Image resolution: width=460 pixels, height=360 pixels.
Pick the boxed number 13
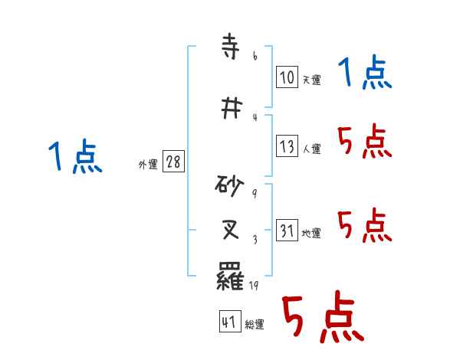287,146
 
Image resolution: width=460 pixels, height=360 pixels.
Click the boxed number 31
287,231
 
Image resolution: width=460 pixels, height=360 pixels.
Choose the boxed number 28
173,163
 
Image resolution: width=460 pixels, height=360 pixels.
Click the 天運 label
311,80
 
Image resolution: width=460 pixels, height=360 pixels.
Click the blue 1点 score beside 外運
74,157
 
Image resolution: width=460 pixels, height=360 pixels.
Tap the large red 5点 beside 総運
322,319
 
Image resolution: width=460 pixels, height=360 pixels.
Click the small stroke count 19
255,286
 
